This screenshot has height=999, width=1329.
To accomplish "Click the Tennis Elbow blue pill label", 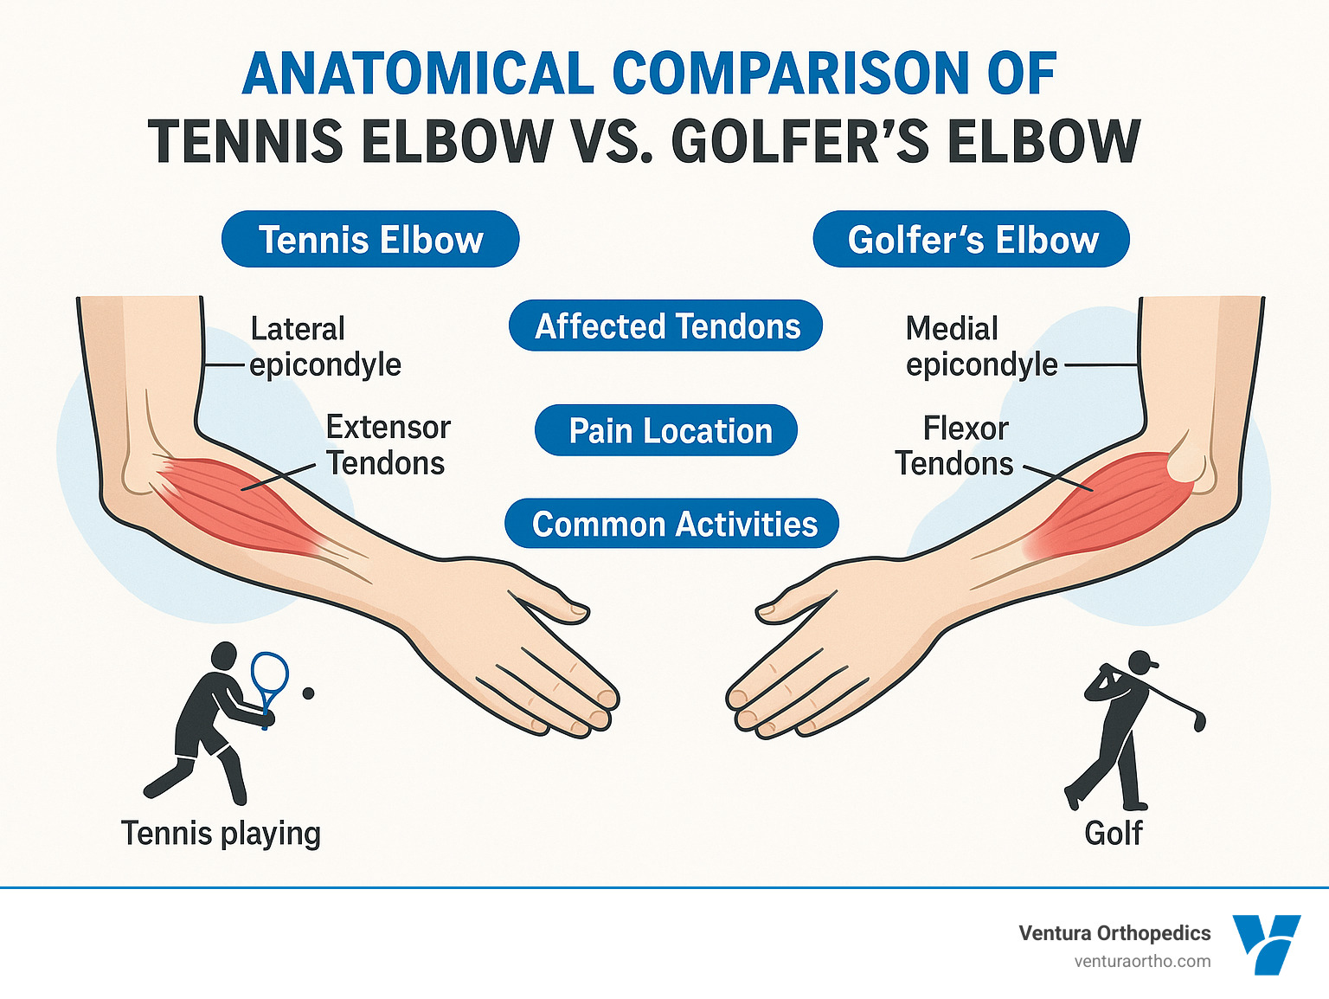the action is pos(370,239).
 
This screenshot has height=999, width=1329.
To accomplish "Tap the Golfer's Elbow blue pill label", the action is pos(971,239).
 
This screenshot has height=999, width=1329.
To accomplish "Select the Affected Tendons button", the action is pos(665,325).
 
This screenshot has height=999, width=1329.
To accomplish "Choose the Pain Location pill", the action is pos(666,430).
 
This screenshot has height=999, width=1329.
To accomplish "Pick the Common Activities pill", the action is pos(671,524).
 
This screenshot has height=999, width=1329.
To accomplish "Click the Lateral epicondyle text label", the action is pos(325,346).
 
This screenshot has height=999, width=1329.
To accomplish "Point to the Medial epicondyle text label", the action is pos(981,346).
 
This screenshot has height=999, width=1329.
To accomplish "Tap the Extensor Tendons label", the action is pos(388,445).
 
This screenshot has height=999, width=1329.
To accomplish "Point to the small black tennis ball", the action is pos(308,693).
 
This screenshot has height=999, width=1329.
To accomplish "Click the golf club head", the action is pos(1199,722).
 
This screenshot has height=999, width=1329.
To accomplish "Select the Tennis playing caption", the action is pos(221,834).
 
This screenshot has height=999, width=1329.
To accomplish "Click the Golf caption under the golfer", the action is pos(1113,833).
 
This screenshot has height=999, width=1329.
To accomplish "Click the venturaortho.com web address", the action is pos(1142,962).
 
